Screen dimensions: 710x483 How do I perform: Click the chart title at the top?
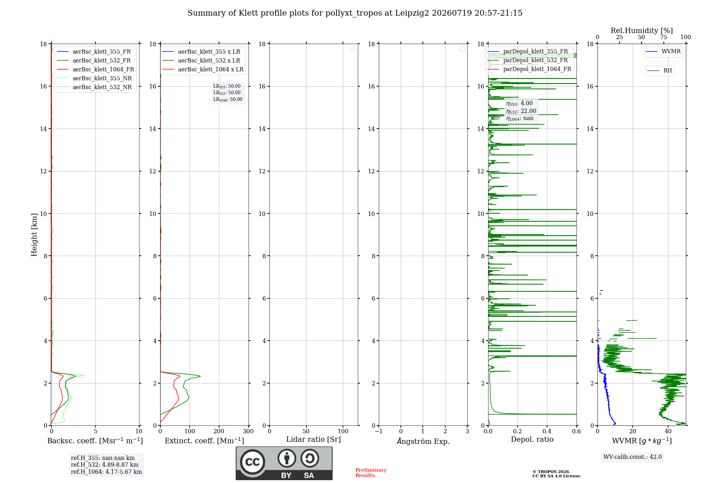pyautogui.click(x=355, y=13)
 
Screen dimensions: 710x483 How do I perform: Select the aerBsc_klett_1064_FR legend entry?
pyautogui.click(x=95, y=69)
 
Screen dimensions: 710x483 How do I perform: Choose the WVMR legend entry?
pyautogui.click(x=663, y=51)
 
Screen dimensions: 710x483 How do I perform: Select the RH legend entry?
pyautogui.click(x=660, y=71)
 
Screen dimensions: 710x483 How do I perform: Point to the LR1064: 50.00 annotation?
pyautogui.click(x=228, y=99)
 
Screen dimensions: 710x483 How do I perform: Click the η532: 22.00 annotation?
pyautogui.click(x=521, y=111)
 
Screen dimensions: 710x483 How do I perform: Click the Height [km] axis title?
pyautogui.click(x=34, y=235)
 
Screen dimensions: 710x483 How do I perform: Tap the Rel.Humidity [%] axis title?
pyautogui.click(x=641, y=31)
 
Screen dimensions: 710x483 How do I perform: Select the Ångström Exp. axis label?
pyautogui.click(x=423, y=441)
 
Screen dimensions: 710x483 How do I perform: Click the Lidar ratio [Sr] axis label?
pyautogui.click(x=313, y=439)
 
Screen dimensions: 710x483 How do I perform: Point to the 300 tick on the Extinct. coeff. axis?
pyautogui.click(x=248, y=431)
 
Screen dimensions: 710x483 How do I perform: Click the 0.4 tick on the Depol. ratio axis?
pyautogui.click(x=547, y=431)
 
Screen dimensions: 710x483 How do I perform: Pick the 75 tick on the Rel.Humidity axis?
pyautogui.click(x=663, y=37)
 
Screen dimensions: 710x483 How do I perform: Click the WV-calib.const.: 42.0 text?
pyautogui.click(x=633, y=457)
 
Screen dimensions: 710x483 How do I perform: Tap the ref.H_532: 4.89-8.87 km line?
pyautogui.click(x=105, y=465)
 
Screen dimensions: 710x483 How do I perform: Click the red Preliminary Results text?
pyautogui.click(x=371, y=473)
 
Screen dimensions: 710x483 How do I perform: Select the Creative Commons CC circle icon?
pyautogui.click(x=252, y=462)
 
